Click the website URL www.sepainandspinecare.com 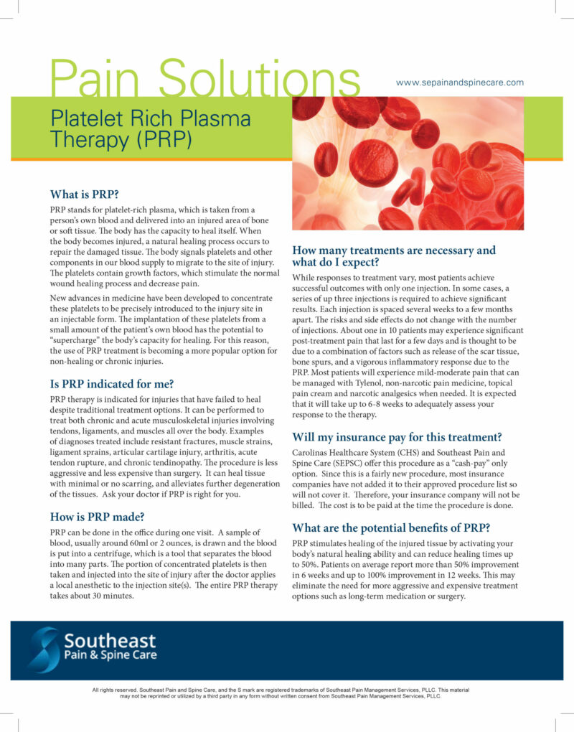(460, 83)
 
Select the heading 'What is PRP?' (84, 194)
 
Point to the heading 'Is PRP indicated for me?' (112, 383)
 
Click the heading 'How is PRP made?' (97, 516)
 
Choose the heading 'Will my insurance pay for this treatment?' (397, 436)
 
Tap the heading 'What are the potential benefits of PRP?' (391, 527)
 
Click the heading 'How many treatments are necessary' (394, 250)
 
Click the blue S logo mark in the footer (44, 649)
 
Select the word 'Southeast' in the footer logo (110, 641)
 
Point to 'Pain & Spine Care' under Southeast (110, 655)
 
